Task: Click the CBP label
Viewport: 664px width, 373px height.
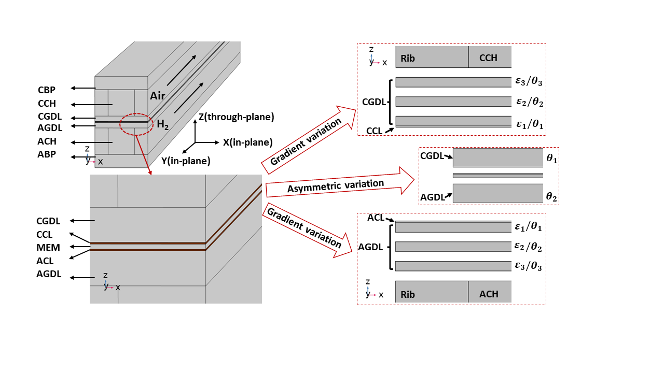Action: [x=47, y=89]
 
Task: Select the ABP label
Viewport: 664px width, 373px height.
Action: [x=47, y=154]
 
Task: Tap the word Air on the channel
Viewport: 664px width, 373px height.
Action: [x=158, y=95]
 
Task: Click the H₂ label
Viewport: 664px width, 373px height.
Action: [x=163, y=124]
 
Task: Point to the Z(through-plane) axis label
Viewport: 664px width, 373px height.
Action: [x=236, y=117]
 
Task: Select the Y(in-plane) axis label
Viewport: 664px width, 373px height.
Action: [x=186, y=161]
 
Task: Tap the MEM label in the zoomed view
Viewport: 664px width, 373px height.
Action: [x=48, y=248]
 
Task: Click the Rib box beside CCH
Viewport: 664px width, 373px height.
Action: [x=432, y=57]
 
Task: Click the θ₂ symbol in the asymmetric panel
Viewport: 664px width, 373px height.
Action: [x=551, y=196]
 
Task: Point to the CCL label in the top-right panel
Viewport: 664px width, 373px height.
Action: [x=375, y=131]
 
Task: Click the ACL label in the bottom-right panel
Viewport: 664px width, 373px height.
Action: [x=376, y=218]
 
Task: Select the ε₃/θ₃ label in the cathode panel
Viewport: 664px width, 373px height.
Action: [x=529, y=82]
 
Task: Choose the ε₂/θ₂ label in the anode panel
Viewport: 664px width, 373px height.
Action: [x=528, y=247]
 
